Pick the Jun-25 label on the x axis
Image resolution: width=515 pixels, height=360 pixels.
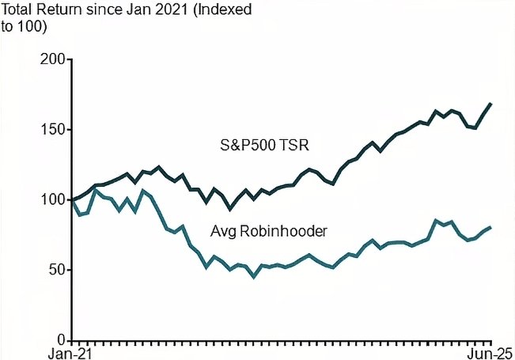click(490, 352)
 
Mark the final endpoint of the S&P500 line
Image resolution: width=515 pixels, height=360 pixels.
click(490, 104)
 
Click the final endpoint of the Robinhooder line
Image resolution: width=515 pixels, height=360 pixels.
click(490, 227)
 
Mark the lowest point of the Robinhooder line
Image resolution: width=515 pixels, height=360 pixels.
click(254, 276)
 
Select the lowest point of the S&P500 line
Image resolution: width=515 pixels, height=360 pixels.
click(230, 208)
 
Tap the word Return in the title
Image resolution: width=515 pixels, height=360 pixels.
click(65, 9)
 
